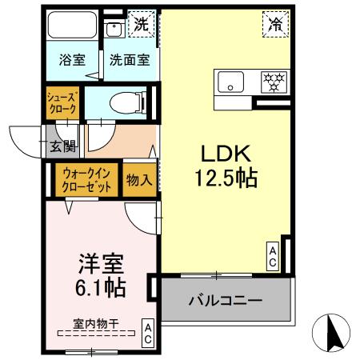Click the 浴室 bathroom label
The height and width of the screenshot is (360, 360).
72,59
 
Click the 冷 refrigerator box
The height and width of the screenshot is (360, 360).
273,25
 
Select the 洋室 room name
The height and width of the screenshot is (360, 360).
100,262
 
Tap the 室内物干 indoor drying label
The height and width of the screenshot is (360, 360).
95,323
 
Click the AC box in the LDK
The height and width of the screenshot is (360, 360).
272,255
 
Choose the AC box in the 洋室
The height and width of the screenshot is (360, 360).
148,331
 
